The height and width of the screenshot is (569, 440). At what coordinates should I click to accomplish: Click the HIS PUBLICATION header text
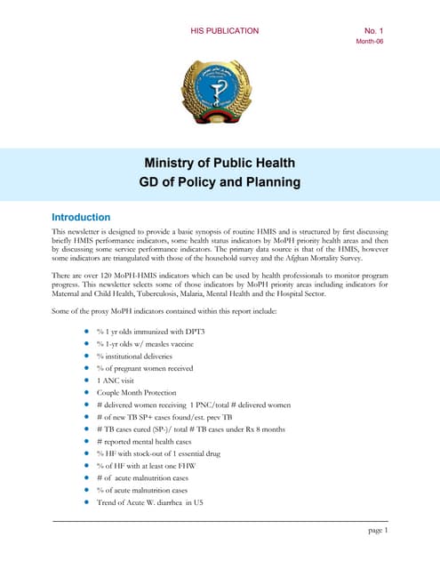(x=224, y=31)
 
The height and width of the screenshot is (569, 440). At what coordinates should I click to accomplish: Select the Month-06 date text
(x=370, y=42)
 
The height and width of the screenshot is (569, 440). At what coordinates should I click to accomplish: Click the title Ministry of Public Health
(x=220, y=163)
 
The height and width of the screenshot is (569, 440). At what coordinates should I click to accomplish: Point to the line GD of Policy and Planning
(x=220, y=183)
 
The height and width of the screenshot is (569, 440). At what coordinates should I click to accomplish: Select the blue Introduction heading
(x=81, y=217)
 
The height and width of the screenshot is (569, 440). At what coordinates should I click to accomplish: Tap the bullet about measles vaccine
(x=148, y=343)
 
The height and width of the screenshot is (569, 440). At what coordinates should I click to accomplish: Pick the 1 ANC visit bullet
(x=121, y=380)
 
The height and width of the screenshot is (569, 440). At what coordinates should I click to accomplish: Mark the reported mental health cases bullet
(x=148, y=441)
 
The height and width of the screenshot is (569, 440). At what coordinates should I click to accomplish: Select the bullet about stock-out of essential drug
(x=160, y=453)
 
